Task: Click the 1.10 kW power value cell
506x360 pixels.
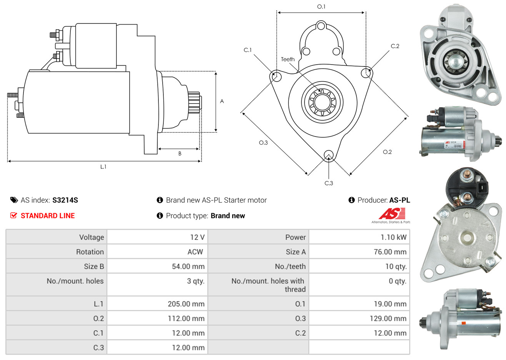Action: pos(393,237)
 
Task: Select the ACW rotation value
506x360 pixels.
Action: pos(195,252)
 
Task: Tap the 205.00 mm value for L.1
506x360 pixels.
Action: pos(186,304)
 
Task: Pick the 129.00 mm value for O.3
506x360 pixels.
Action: pos(388,318)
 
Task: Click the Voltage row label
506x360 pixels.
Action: pos(92,237)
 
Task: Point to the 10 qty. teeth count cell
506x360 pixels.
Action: pos(396,267)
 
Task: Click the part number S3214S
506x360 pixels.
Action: pos(65,200)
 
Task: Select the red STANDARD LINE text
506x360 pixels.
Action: pos(48,216)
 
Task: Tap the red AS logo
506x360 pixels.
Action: pos(392,214)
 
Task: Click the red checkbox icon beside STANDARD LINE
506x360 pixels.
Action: pos(13,215)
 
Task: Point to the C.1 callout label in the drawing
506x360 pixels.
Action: pos(248,50)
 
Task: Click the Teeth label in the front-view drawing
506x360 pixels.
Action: pos(288,59)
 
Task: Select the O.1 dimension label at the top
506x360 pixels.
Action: pos(321,7)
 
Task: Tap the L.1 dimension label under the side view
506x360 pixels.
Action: pos(103,167)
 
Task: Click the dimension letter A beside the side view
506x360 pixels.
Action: pos(222,101)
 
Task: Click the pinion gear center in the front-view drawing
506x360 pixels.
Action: pos(322,102)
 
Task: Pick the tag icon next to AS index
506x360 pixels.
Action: pos(14,200)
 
